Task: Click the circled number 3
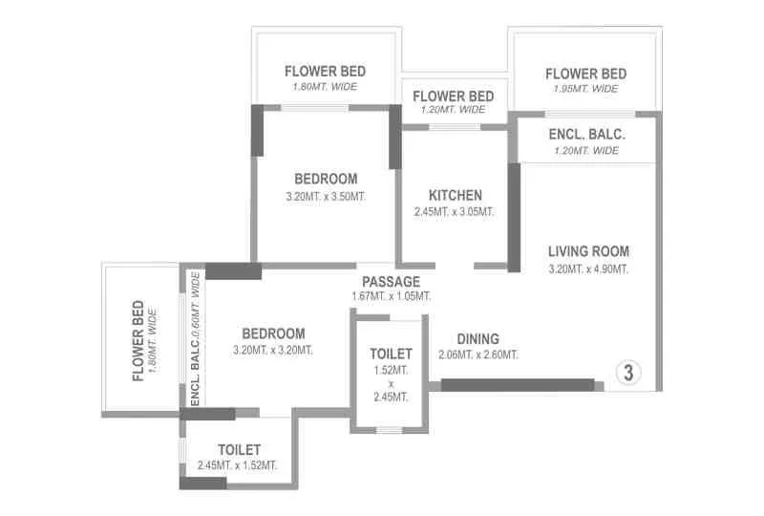click(x=628, y=373)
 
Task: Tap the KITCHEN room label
click(x=454, y=195)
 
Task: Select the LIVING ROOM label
click(x=588, y=251)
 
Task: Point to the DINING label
click(x=477, y=339)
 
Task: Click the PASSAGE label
click(x=391, y=282)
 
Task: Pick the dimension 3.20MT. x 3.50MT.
click(x=326, y=197)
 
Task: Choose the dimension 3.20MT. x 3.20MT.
click(x=273, y=350)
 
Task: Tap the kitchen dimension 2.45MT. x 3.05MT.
click(x=454, y=212)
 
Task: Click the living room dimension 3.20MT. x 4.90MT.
click(x=588, y=269)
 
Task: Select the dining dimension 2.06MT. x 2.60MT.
click(x=477, y=355)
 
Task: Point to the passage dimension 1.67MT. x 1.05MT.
click(x=391, y=297)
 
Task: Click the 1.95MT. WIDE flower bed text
click(x=585, y=89)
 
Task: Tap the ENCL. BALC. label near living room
click(x=586, y=135)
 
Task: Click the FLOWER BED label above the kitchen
click(x=454, y=96)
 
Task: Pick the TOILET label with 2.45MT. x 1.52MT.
click(x=239, y=449)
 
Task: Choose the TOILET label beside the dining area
click(x=391, y=354)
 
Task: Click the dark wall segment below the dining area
click(x=517, y=385)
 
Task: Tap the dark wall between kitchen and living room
click(x=514, y=217)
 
